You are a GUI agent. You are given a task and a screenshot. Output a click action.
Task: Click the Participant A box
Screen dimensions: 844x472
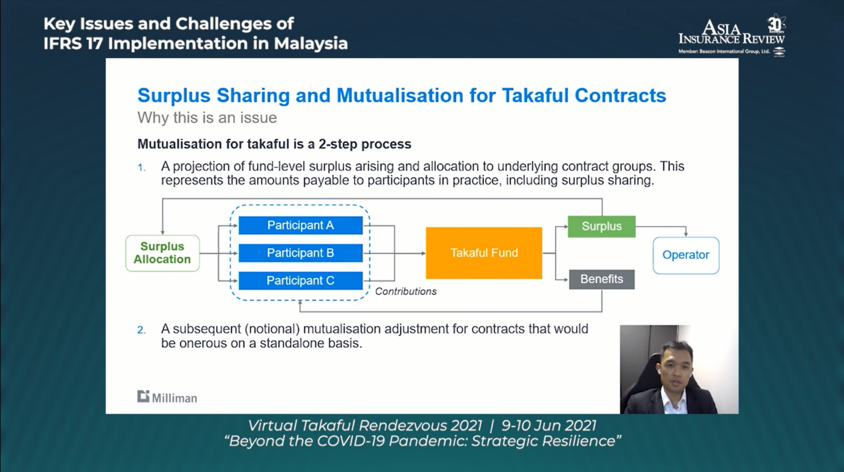[301, 225]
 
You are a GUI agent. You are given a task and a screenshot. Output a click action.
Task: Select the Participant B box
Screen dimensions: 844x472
[301, 253]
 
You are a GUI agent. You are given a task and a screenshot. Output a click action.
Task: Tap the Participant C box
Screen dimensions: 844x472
[301, 280]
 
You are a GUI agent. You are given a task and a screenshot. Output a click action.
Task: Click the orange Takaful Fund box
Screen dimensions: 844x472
[484, 253]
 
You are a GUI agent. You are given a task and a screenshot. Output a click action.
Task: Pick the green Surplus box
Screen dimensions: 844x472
[601, 227]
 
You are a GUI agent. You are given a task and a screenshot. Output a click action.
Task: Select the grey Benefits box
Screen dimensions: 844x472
[601, 279]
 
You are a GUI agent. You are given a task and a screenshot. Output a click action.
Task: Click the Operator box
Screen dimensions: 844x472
[686, 255]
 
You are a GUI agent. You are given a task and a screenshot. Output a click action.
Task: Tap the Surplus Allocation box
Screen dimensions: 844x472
[162, 253]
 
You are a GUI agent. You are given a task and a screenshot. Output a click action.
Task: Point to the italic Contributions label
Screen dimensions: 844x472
[406, 291]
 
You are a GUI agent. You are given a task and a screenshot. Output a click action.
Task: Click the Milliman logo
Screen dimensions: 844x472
[167, 397]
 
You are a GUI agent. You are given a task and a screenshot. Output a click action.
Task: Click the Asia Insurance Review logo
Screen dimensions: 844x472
[732, 36]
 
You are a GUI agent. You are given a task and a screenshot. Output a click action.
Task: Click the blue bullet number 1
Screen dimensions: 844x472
[141, 167]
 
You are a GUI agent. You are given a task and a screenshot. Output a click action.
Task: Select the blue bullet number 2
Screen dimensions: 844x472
[141, 330]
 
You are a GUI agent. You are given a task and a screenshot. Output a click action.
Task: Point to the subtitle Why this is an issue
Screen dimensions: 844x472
[207, 118]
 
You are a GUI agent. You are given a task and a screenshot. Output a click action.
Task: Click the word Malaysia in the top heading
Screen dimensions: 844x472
[311, 43]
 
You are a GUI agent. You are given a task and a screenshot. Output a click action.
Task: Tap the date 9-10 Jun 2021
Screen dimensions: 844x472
[549, 425]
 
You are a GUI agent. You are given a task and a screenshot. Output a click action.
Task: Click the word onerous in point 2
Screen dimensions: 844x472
[203, 343]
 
